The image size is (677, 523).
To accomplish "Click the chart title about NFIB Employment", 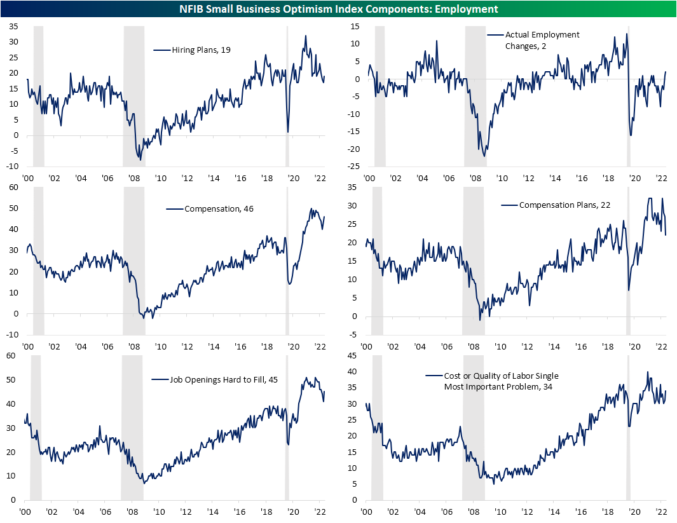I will [338, 8].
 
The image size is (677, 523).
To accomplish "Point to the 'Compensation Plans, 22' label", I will [552, 205].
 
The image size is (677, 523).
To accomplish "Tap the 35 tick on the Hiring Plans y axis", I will [13, 26].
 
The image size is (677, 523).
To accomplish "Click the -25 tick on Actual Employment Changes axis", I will [351, 166].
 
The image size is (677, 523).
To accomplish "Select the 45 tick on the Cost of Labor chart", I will [351, 356].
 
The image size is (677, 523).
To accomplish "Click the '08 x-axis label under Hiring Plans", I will [134, 179].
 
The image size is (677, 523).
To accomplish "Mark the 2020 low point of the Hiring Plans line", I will [288, 132].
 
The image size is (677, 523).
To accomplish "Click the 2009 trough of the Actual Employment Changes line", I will [485, 156].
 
